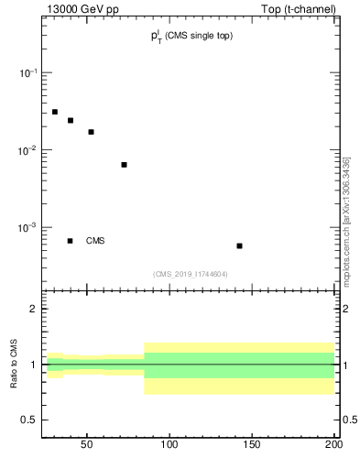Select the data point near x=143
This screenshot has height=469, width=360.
click(x=239, y=245)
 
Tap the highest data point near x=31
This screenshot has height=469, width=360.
click(x=55, y=112)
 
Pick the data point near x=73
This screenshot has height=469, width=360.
click(x=124, y=165)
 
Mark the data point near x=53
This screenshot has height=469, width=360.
click(x=91, y=132)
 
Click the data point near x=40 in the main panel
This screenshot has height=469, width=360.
click(x=70, y=120)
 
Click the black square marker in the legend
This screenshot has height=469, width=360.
click(x=70, y=241)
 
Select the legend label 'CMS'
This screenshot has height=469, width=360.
click(x=95, y=241)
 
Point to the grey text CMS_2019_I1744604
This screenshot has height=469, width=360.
click(x=190, y=274)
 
